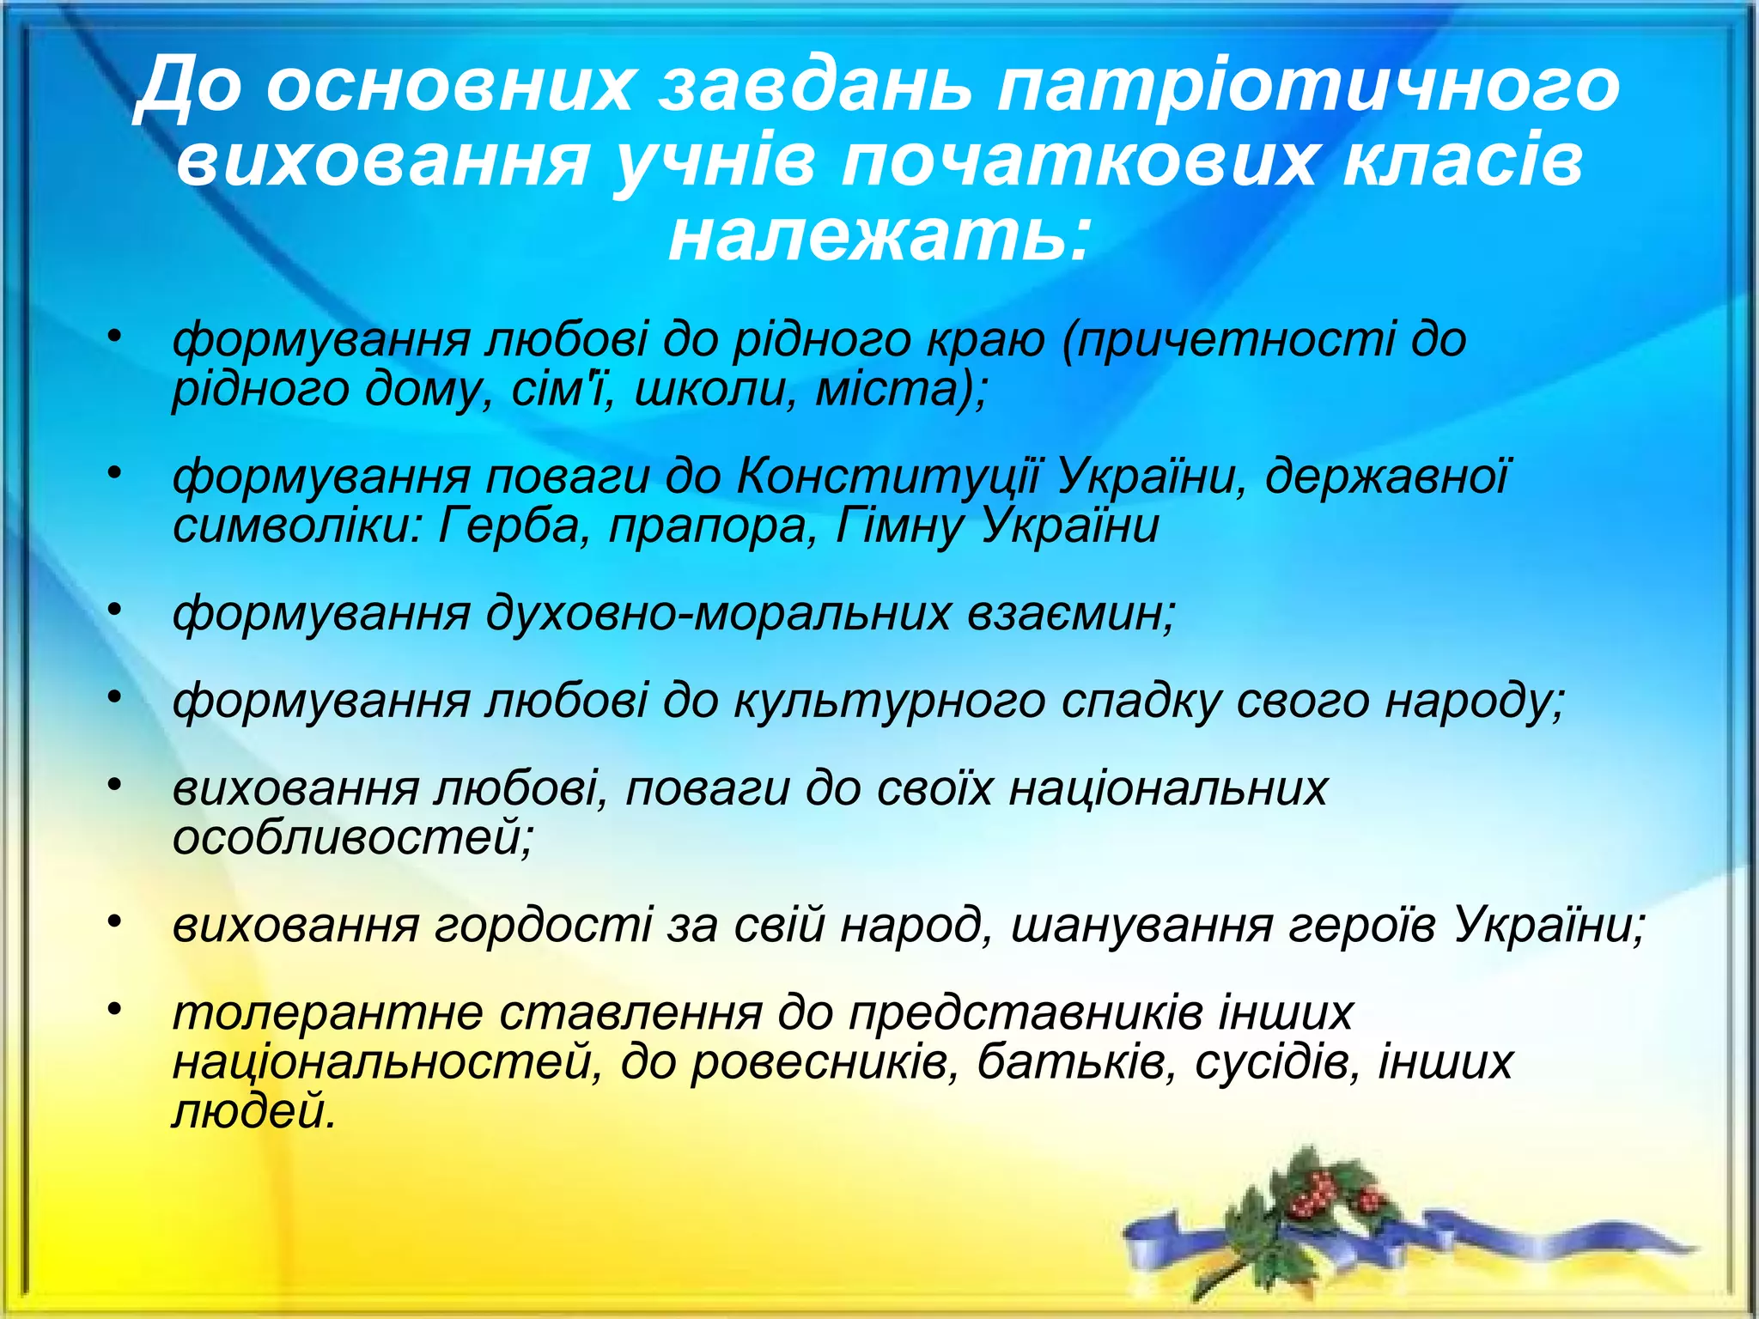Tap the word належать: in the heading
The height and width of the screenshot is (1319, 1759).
coord(879,236)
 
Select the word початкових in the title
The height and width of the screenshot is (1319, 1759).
coord(1078,161)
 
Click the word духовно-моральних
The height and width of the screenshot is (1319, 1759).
coord(718,614)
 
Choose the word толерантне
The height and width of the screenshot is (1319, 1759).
coord(326,1013)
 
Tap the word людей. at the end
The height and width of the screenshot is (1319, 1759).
coord(253,1112)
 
